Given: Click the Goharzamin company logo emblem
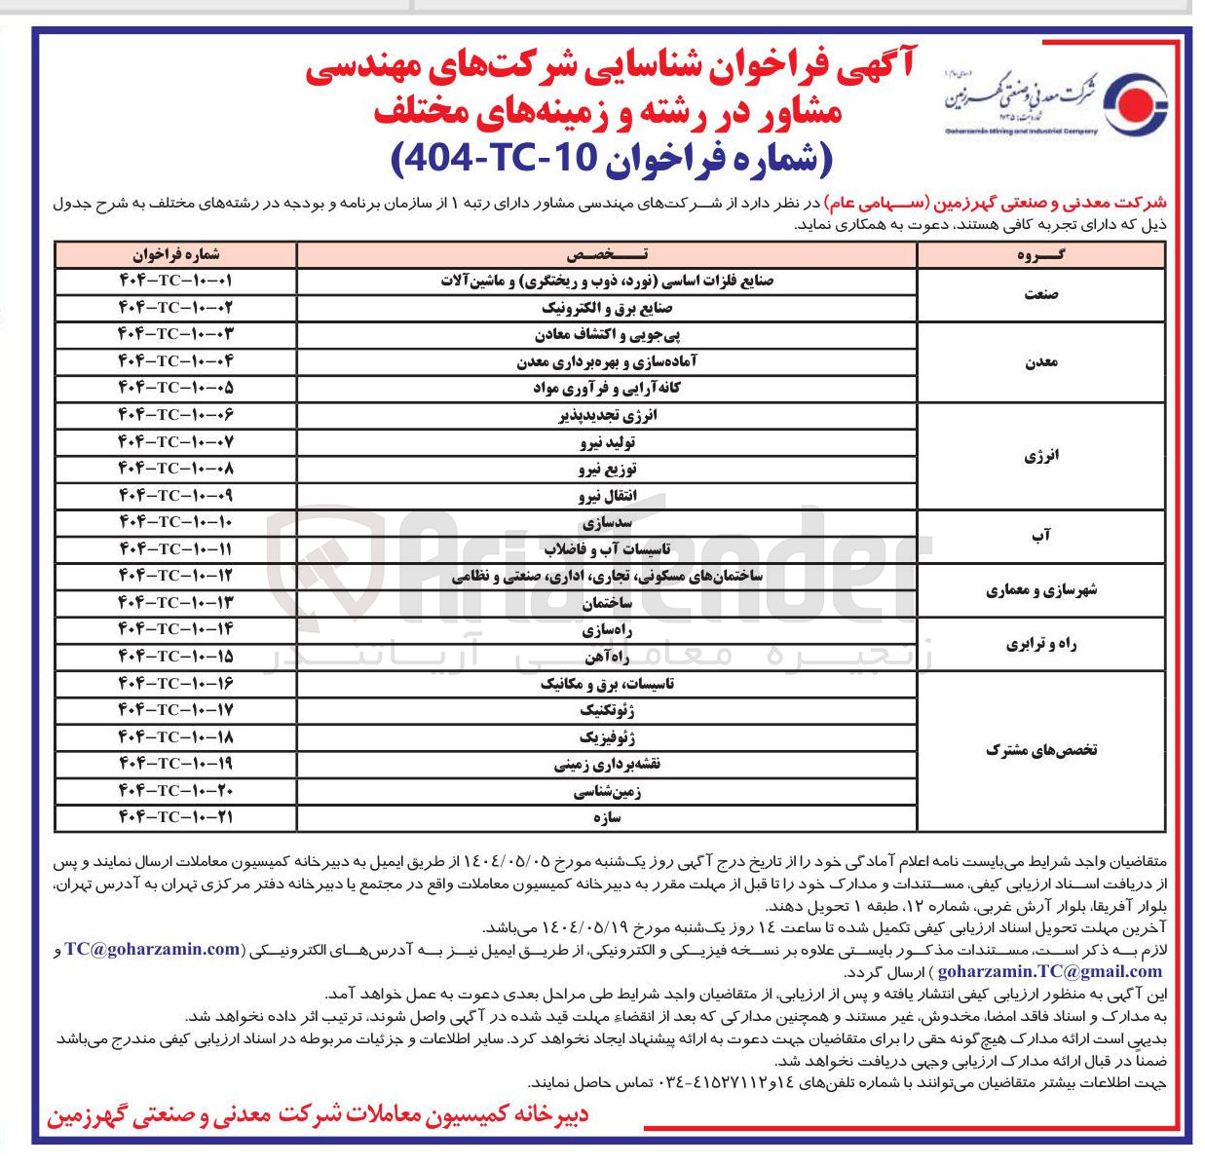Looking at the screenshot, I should pos(1139,101).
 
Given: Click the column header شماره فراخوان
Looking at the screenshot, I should pos(176,254).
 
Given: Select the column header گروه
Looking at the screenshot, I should pos(1040,254).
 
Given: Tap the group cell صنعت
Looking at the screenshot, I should pos(1040,294).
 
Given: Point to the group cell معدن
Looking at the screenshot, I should pos(1040,361).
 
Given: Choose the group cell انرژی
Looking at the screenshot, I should pos(1040,456).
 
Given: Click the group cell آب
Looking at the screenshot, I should pos(1040,536).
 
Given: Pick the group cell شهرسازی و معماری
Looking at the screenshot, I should pos(1040,589).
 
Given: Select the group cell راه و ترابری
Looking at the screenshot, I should pos(1040,643).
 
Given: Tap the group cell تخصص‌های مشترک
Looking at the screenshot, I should pos(1040,750).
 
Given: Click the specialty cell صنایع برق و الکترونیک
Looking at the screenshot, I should pos(607,308).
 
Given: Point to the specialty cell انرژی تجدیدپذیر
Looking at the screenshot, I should pos(607,415).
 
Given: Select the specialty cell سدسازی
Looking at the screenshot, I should pos(607,522).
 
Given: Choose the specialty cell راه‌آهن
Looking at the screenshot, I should pos(607,657).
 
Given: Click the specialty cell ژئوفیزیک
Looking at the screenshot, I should pos(607,737).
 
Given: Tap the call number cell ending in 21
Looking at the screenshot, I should pos(176,817).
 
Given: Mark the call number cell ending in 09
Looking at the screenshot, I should pos(176,496).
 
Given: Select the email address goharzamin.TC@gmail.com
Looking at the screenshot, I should pos(1049,971).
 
